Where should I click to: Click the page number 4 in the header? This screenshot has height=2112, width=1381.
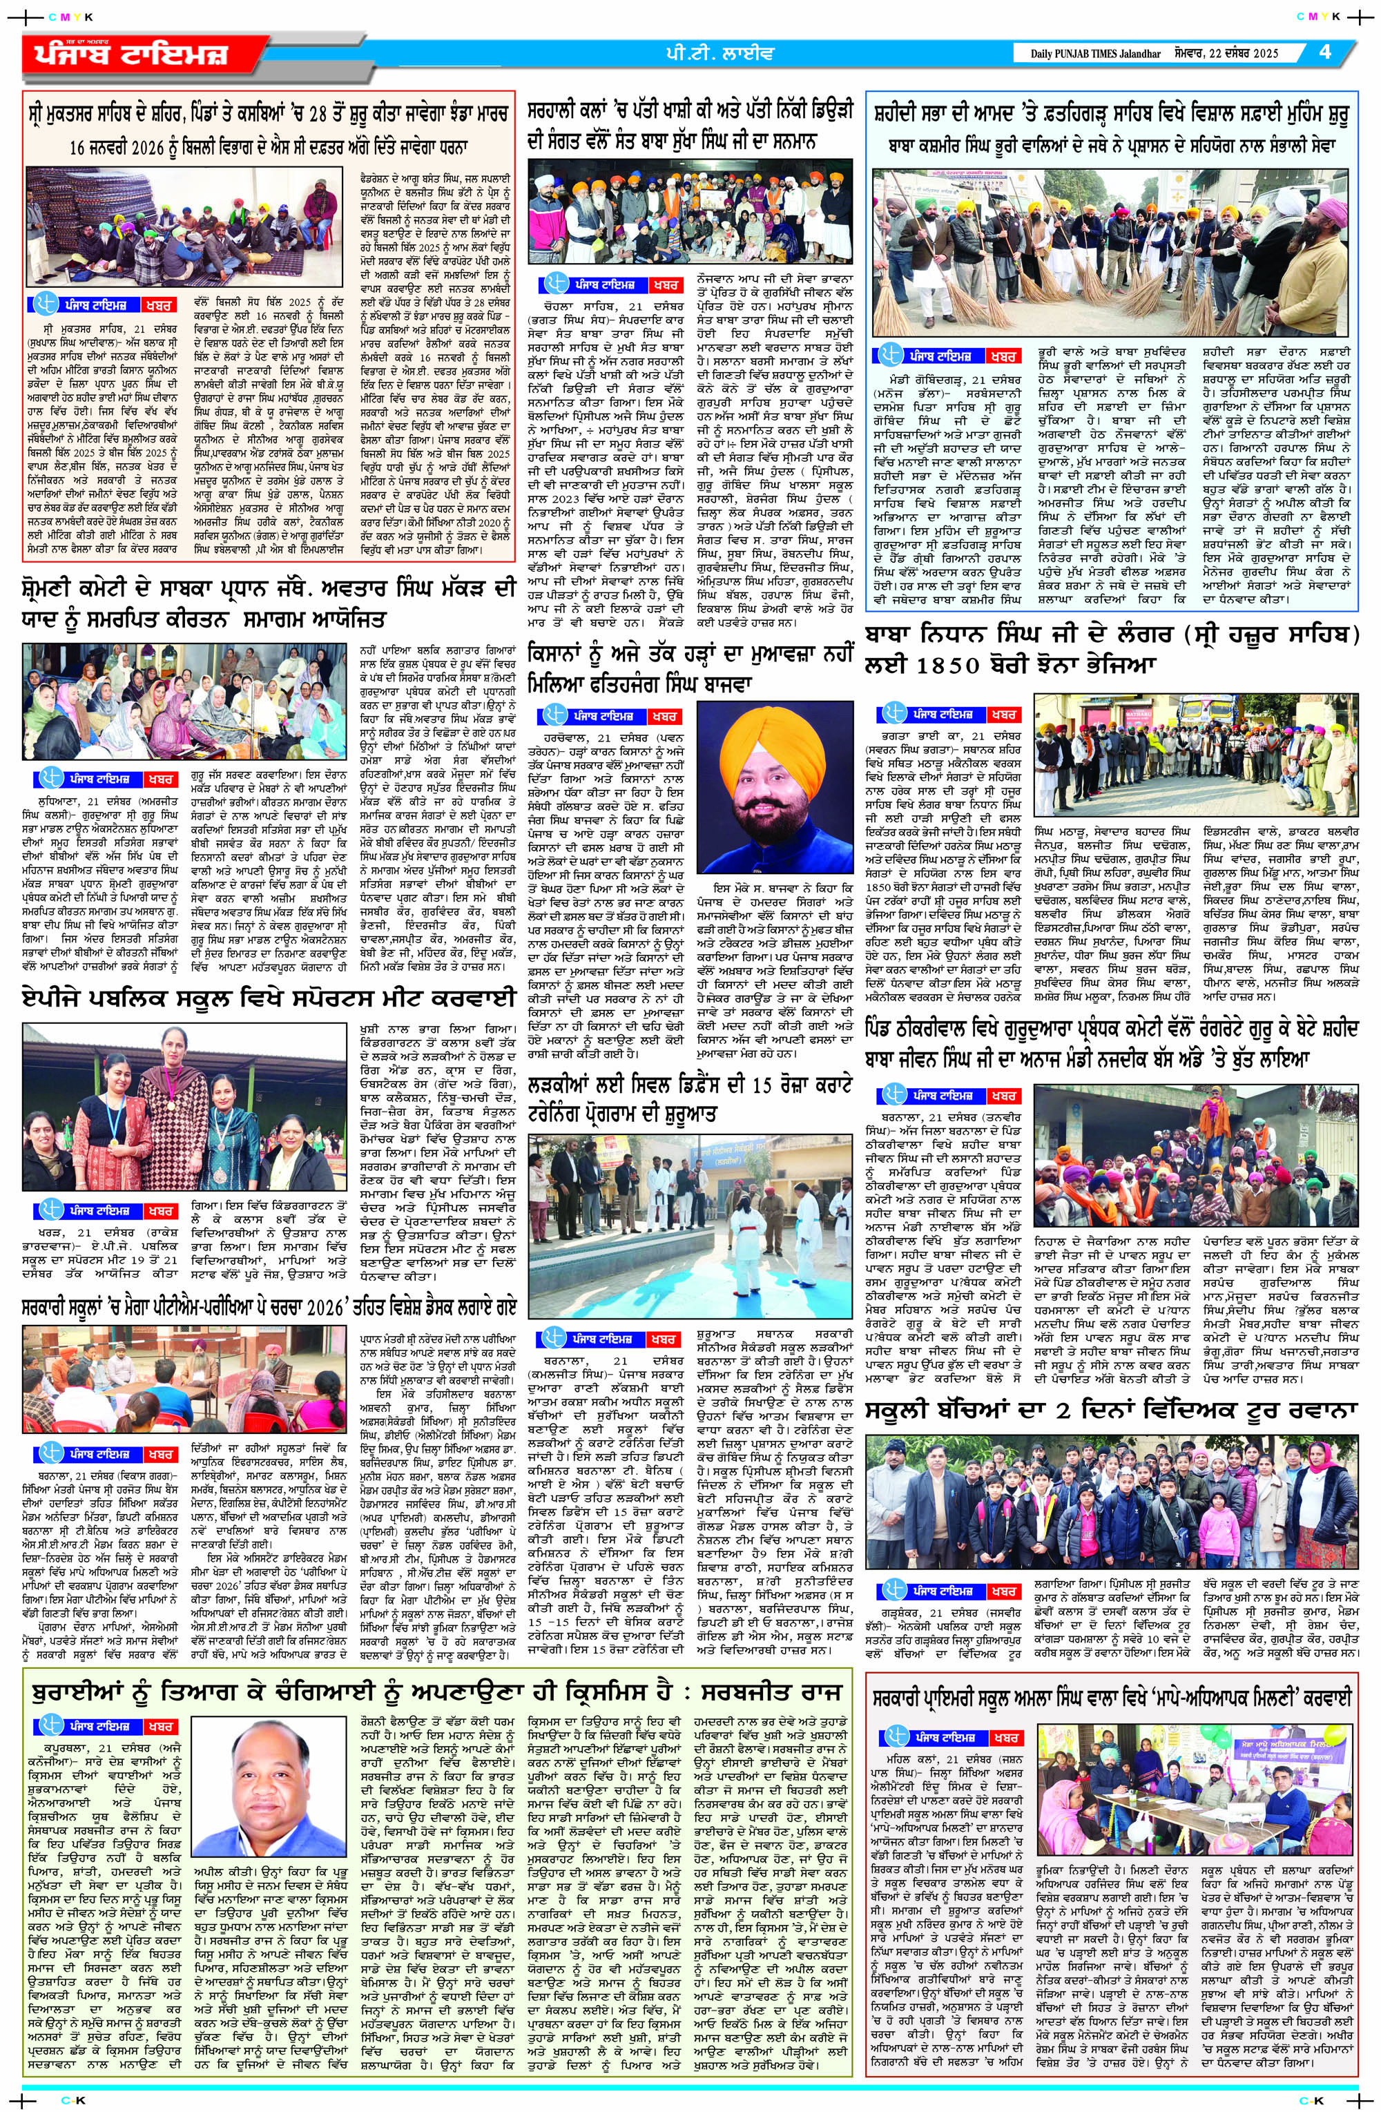tap(1325, 52)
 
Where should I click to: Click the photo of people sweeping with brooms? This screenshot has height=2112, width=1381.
tap(1114, 252)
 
